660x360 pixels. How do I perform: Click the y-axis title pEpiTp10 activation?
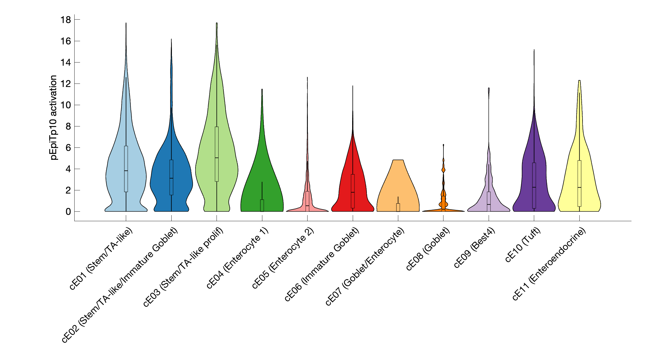[x=54, y=118]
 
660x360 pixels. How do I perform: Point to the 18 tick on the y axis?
[x=66, y=20]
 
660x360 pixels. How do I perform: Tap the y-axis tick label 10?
[x=66, y=105]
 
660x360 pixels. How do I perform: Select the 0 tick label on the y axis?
[x=68, y=212]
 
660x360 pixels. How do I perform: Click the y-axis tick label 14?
[x=66, y=62]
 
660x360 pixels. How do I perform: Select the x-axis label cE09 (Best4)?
[x=475, y=248]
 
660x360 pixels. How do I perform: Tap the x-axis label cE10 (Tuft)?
[x=523, y=245]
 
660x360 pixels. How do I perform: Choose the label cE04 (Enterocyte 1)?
[x=238, y=258]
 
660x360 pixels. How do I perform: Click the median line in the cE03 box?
[x=217, y=158]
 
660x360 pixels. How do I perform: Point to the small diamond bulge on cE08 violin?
[x=443, y=170]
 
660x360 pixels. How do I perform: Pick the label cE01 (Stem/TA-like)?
[x=101, y=258]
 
